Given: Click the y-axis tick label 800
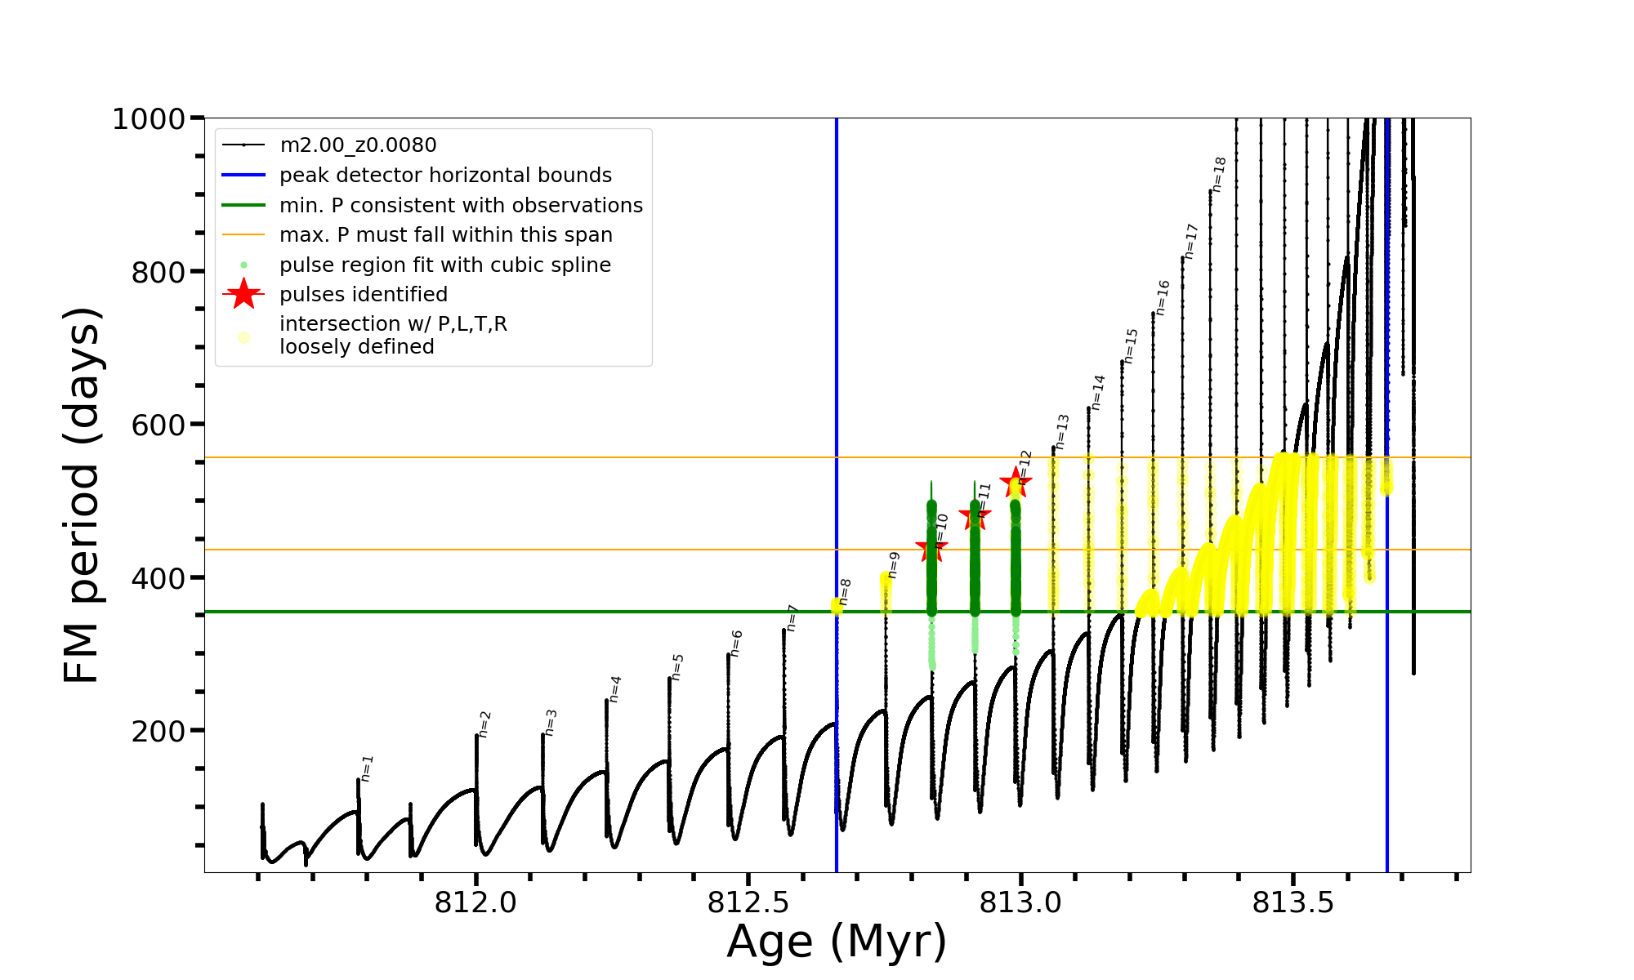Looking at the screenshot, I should pyautogui.click(x=158, y=272).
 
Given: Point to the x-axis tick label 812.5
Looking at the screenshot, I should pyautogui.click(x=748, y=902).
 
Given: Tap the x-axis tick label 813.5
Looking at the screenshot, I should pyautogui.click(x=1292, y=902).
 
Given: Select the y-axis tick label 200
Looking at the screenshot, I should pyautogui.click(x=158, y=731).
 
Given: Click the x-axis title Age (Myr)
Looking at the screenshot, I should pyautogui.click(x=837, y=942).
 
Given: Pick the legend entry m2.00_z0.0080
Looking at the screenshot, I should pyautogui.click(x=358, y=145).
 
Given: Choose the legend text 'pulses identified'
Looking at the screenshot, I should pyautogui.click(x=364, y=295).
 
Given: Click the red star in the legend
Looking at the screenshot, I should pyautogui.click(x=243, y=294).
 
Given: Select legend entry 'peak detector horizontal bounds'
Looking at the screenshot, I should pyautogui.click(x=445, y=176).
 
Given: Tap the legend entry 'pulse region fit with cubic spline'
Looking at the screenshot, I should pyautogui.click(x=445, y=265).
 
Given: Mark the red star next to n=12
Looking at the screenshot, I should pyautogui.click(x=1016, y=483).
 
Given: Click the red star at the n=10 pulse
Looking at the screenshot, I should pyautogui.click(x=931, y=548).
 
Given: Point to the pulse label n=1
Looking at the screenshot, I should pyautogui.click(x=367, y=768).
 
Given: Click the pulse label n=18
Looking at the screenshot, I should pyautogui.click(x=1219, y=175).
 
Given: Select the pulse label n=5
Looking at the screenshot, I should pyautogui.click(x=677, y=667).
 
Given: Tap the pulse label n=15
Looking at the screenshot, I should pyautogui.click(x=1131, y=346).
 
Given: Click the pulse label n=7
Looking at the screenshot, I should pyautogui.click(x=791, y=618).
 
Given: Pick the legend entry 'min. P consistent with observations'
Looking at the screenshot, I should pyautogui.click(x=461, y=206).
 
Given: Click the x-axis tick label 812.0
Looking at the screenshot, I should pyautogui.click(x=475, y=902).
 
